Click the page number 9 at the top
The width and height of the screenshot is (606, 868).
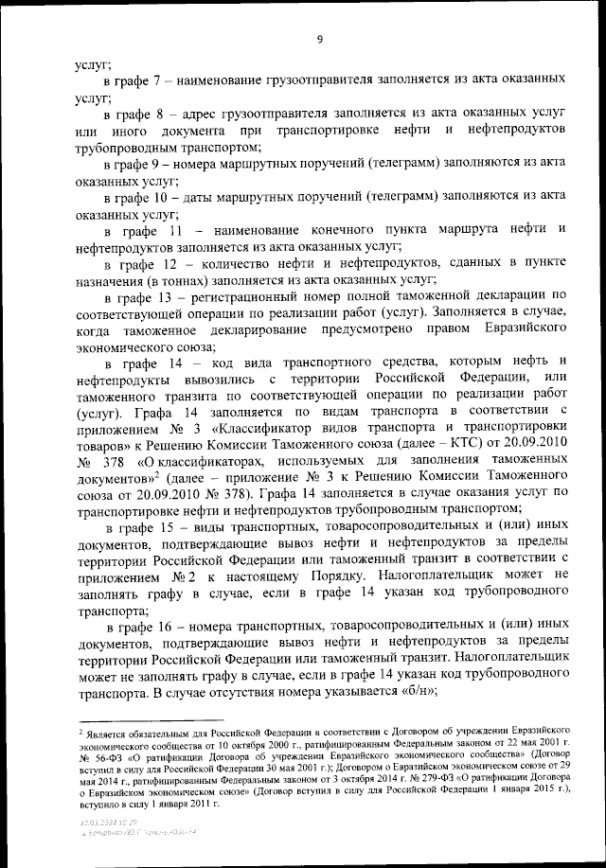320,39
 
